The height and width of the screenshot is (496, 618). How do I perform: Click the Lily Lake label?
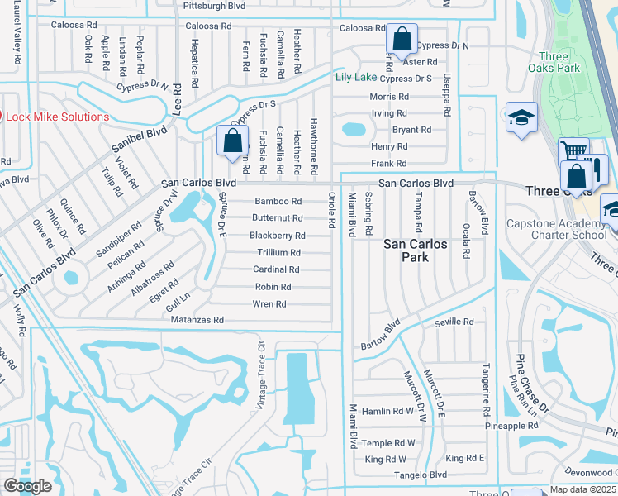(x=355, y=78)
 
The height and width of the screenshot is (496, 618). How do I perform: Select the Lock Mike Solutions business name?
(x=58, y=117)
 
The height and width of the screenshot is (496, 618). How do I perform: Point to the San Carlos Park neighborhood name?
(x=416, y=250)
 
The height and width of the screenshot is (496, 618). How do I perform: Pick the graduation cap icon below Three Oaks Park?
(x=522, y=117)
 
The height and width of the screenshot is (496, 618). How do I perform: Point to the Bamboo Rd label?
(x=278, y=202)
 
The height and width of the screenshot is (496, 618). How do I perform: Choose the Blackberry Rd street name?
(x=278, y=236)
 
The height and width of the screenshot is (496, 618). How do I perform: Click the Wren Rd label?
(x=269, y=304)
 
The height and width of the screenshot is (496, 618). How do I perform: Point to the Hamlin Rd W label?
(x=387, y=411)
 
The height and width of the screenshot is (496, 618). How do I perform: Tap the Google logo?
(x=27, y=486)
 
